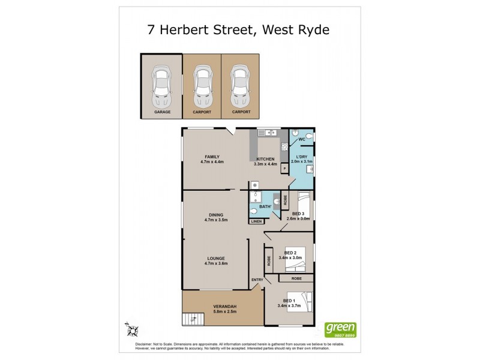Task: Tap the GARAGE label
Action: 162,112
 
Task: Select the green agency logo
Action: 340,329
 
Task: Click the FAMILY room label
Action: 212,157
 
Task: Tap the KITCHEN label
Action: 265,158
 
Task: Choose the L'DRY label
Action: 299,157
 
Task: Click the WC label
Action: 302,140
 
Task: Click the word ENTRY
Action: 257,280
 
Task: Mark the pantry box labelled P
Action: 283,169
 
